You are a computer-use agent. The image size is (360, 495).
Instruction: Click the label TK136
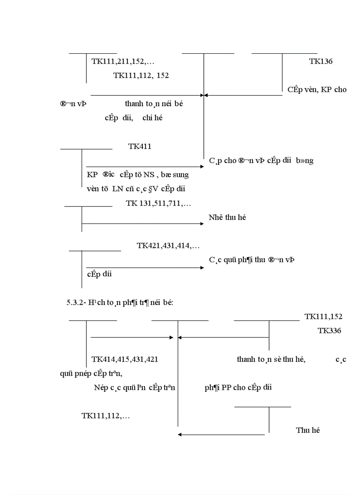pos(321,61)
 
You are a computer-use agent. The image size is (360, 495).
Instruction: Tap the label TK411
pos(140,146)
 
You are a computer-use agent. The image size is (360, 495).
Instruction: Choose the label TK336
pos(329,331)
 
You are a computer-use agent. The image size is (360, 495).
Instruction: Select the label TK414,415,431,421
pos(125,360)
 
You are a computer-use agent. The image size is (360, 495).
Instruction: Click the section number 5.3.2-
pos(76,302)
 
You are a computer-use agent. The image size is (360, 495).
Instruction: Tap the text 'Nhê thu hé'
pos(227,218)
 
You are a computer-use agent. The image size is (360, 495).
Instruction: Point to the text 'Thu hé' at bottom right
pos(307,430)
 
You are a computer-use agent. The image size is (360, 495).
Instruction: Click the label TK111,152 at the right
pos(323,316)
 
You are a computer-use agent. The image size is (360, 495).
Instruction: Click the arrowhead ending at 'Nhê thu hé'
pos(202,224)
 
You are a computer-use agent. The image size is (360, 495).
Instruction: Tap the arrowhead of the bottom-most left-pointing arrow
pos(180,435)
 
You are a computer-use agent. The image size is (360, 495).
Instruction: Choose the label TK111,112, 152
pos(141,75)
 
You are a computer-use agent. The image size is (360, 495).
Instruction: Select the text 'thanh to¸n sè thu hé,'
pos(271,360)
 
